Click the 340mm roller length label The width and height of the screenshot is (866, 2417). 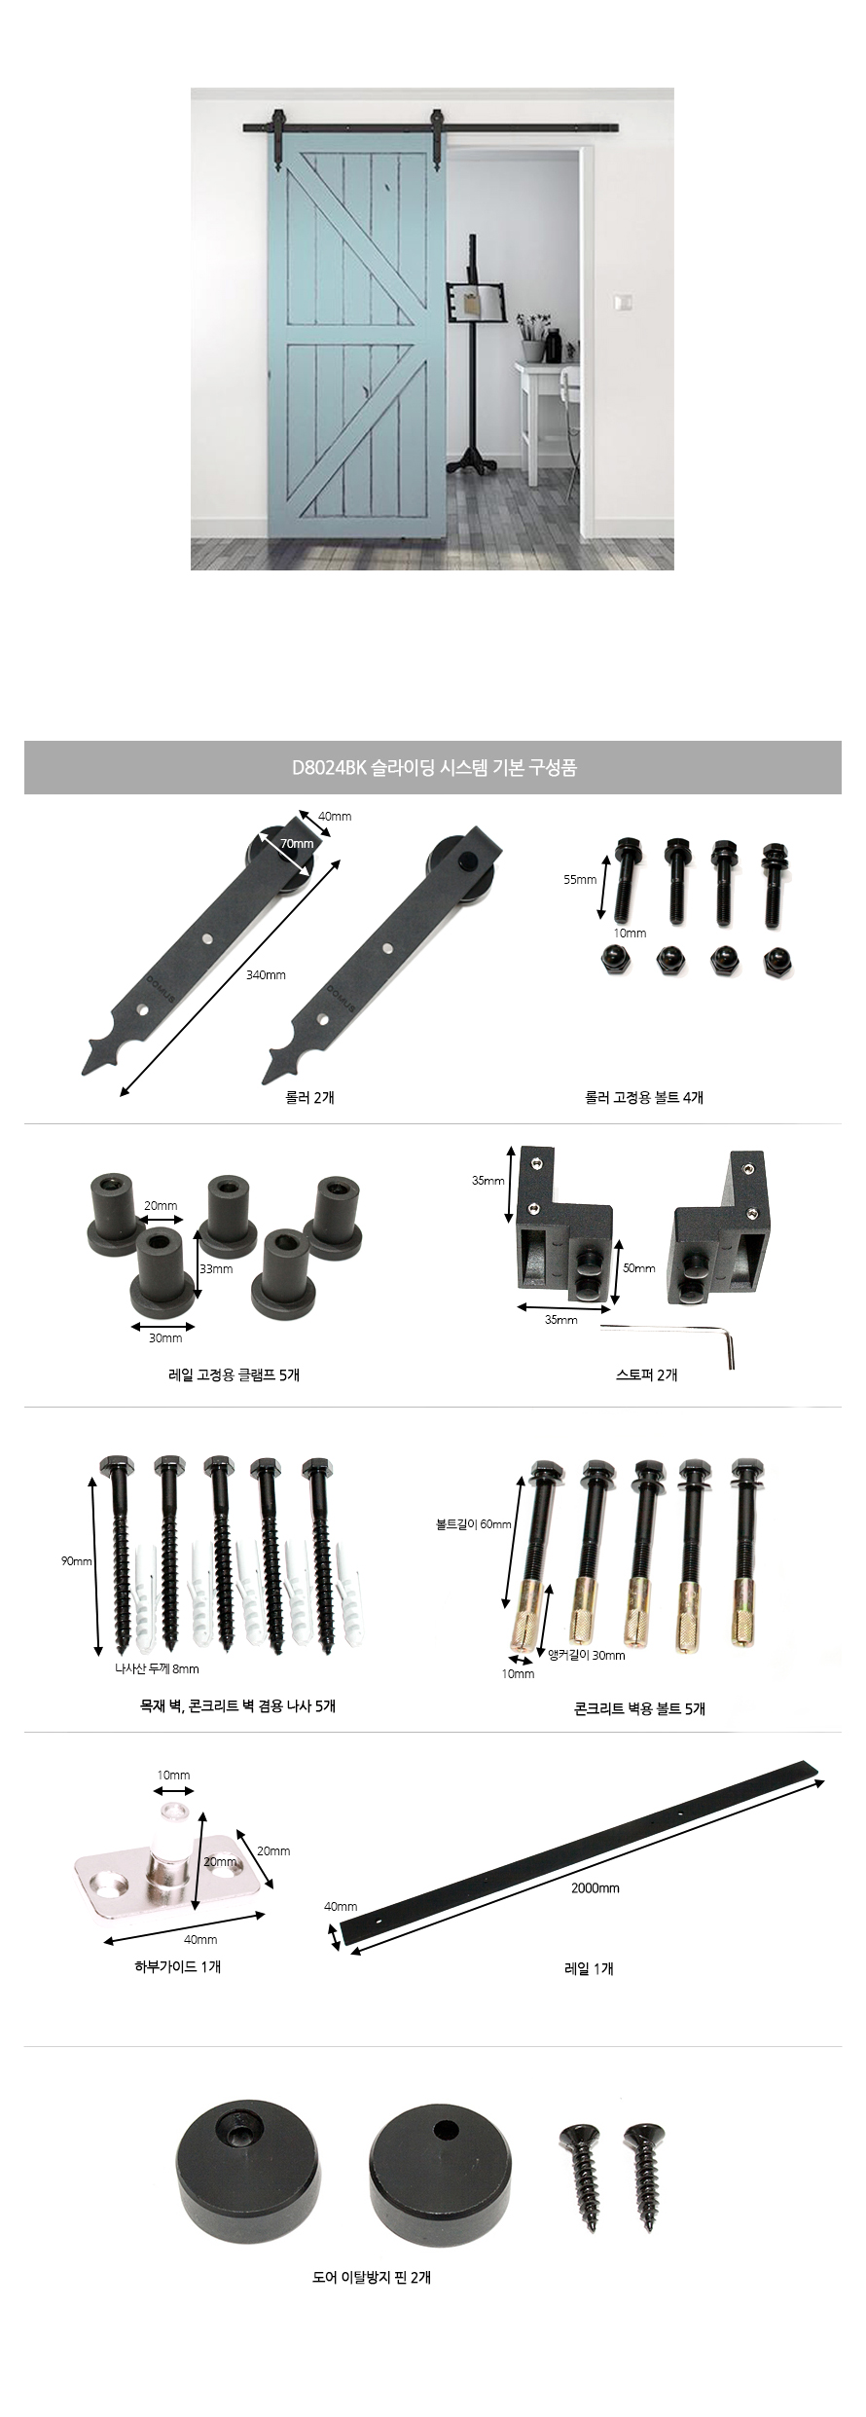[x=266, y=974]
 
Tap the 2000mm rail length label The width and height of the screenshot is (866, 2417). [x=595, y=1887]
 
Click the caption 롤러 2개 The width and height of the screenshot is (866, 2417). [x=304, y=1096]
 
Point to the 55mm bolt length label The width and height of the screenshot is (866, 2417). [x=580, y=879]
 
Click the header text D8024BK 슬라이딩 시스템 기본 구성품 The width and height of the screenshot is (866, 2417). [x=434, y=767]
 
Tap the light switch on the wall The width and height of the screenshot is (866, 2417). [x=621, y=303]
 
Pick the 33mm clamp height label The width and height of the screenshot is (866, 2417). [x=217, y=1268]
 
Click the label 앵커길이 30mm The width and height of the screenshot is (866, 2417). [x=587, y=1654]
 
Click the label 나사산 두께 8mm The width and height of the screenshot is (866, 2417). [x=157, y=1668]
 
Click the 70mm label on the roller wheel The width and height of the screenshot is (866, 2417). [x=297, y=843]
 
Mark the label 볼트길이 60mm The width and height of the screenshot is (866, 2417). [x=474, y=1523]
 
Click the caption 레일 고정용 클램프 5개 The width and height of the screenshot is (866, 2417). [x=234, y=1374]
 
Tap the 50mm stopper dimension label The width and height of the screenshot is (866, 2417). [x=639, y=1268]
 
